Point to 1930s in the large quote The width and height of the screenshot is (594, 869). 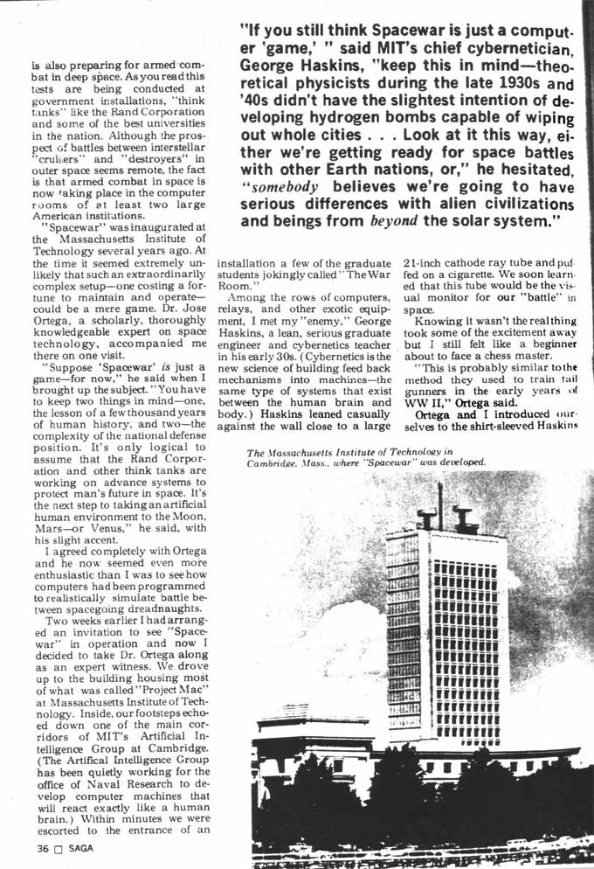518,86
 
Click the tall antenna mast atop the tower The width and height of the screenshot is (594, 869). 440,498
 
